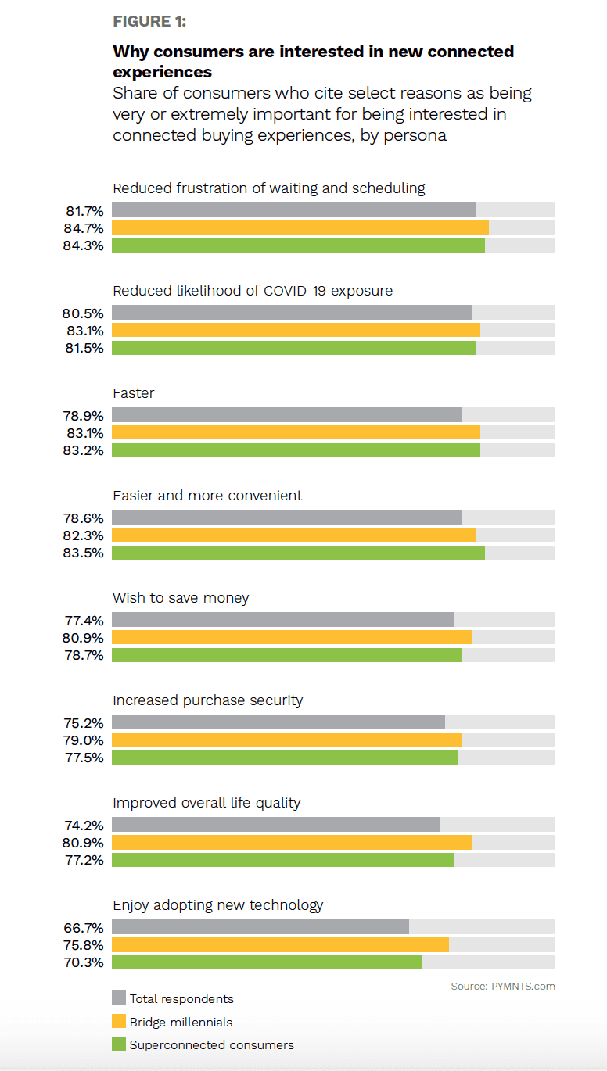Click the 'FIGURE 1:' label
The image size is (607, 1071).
[x=149, y=21]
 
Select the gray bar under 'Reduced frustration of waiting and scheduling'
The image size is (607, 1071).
[x=293, y=210]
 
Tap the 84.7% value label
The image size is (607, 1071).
[x=84, y=228]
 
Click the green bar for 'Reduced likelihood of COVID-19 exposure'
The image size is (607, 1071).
[x=293, y=348]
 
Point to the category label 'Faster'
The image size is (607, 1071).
[x=134, y=393]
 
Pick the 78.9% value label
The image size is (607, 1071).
[x=84, y=415]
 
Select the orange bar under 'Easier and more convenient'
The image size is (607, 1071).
[x=293, y=535]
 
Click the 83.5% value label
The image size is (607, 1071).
[x=84, y=553]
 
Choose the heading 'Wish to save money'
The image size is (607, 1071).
[x=181, y=598]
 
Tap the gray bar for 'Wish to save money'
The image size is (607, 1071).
[x=282, y=619]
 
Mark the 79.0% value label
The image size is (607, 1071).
[x=84, y=740]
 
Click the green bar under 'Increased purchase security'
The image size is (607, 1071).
[x=285, y=758]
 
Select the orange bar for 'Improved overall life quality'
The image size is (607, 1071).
[x=291, y=842]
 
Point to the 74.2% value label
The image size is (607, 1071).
[x=84, y=825]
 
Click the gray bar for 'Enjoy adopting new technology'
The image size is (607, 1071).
[x=260, y=926]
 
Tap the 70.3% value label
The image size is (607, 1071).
[x=84, y=962]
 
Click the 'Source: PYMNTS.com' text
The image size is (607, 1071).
[x=503, y=987]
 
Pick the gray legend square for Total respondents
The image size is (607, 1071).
[x=119, y=998]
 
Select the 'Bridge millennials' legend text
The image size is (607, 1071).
[x=181, y=1022]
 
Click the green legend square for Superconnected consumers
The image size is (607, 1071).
[x=119, y=1044]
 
